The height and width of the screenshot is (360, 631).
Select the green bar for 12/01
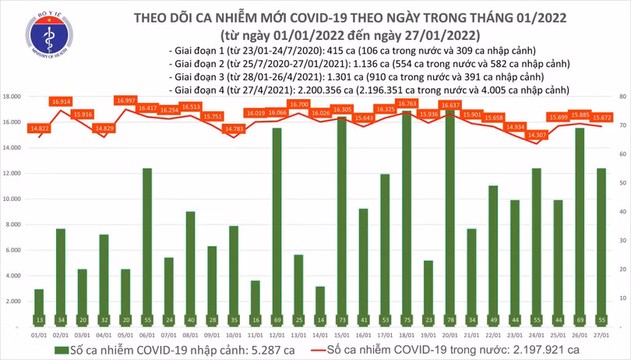pyautogui.click(x=277, y=226)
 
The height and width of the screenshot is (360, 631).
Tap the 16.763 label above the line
pyautogui.click(x=407, y=103)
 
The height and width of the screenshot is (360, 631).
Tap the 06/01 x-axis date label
pyautogui.click(x=147, y=333)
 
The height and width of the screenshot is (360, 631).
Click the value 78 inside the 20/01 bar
pyautogui.click(x=449, y=319)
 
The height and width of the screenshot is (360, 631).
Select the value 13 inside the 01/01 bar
pyautogui.click(x=39, y=319)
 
